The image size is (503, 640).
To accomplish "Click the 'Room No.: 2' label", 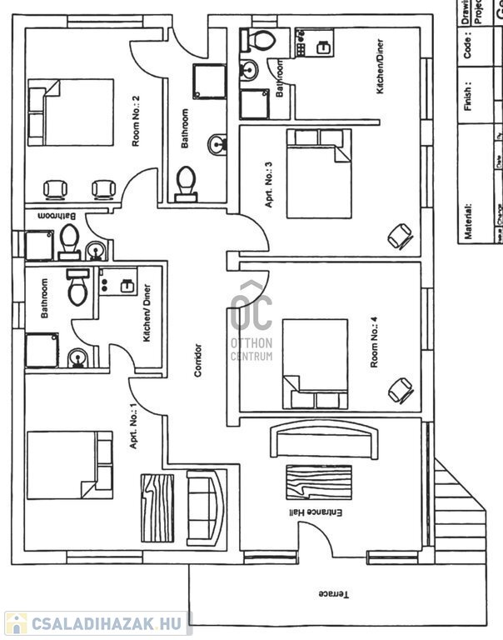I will [135, 122].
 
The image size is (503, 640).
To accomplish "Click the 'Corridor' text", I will [197, 360].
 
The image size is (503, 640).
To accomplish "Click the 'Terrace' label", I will [331, 594].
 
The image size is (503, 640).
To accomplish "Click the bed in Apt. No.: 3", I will [320, 173].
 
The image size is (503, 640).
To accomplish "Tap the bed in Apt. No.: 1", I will [70, 464].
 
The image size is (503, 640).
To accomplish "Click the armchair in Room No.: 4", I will [401, 387].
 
